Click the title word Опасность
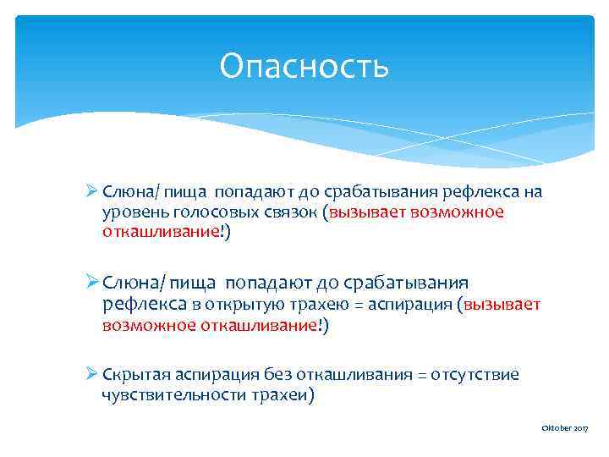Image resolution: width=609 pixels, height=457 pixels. coord(304,66)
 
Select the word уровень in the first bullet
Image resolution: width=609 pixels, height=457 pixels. coord(127,212)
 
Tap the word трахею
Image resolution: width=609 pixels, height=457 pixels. coord(304,305)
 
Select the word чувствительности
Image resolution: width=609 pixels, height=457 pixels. coord(171,395)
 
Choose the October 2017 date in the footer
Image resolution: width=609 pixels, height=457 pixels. coord(564,430)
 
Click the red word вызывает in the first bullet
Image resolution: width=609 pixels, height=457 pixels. coord(371,212)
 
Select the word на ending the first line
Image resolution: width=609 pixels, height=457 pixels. coord(533,192)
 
